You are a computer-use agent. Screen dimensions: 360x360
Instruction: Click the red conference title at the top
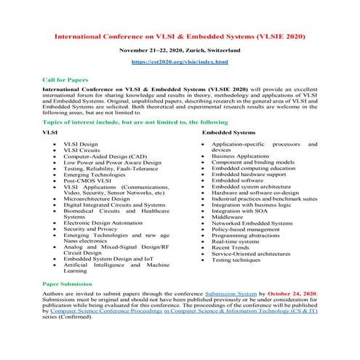(180, 36)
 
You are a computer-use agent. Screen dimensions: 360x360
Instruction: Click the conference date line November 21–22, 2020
(180, 52)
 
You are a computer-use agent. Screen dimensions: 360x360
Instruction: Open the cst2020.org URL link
(180, 63)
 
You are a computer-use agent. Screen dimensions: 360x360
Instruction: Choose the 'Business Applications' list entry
(244, 156)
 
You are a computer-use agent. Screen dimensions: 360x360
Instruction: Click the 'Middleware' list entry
(228, 217)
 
